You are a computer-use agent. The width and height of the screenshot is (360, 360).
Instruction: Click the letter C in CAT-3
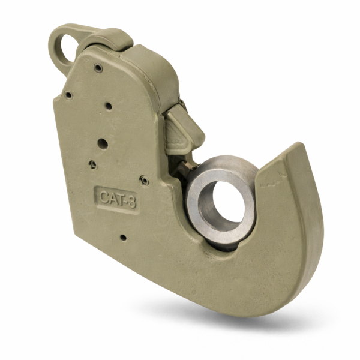(x=104, y=197)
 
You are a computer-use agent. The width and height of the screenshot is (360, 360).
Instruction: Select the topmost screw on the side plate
(x=98, y=68)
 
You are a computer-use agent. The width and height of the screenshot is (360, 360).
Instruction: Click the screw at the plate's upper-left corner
(x=68, y=95)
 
